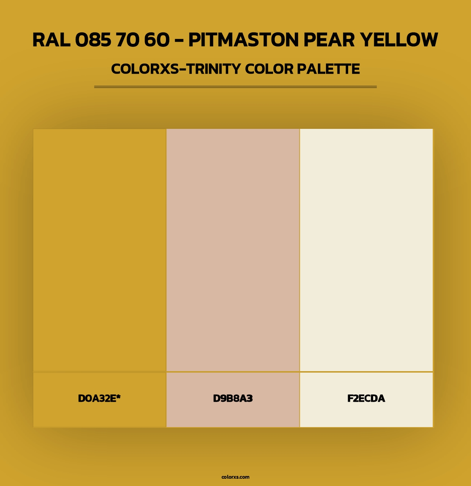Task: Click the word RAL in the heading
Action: (x=51, y=40)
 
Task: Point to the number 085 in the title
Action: (x=93, y=40)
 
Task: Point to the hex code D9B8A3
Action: (x=233, y=398)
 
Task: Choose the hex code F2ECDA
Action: (x=366, y=398)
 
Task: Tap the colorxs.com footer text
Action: (x=235, y=477)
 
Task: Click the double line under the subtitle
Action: (x=235, y=87)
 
